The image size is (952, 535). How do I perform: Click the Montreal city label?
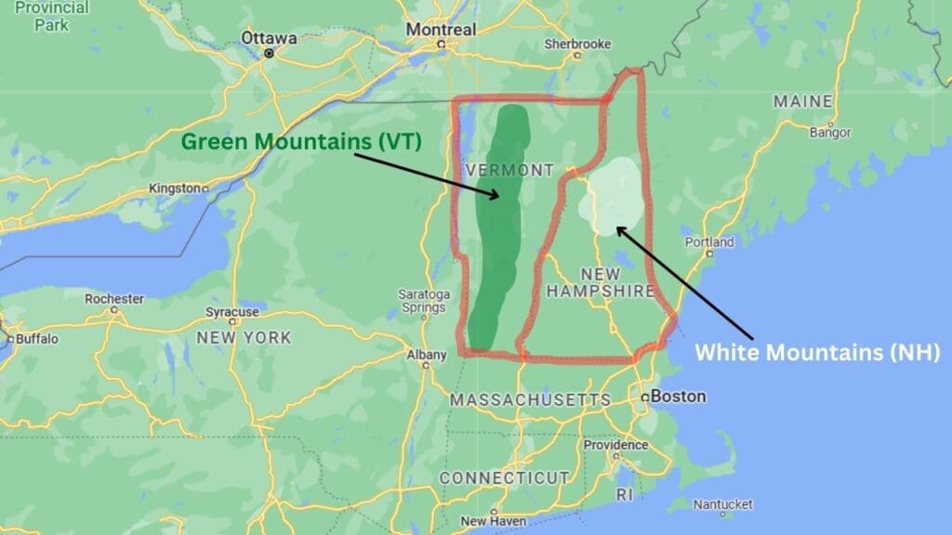pos(441,30)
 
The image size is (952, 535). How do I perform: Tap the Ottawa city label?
pos(269,38)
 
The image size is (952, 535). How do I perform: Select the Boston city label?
pos(678,396)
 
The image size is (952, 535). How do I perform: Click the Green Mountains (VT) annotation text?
pos(301,142)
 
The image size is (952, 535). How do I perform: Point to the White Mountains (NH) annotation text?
pos(818,352)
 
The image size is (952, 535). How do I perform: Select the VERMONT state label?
pos(509,170)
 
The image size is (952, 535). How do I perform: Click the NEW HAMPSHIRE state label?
pos(600,282)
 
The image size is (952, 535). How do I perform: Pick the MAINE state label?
pos(803,100)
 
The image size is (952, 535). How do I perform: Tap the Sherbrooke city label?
pos(577,44)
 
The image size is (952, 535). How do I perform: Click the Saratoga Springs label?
pos(424,301)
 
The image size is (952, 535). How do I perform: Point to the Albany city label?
pos(427,354)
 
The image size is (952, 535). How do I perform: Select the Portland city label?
pos(709,242)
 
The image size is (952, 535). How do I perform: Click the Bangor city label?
pos(830,133)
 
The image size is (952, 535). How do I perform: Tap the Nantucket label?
pos(722,503)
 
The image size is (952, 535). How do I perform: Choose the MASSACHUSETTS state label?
pos(530,399)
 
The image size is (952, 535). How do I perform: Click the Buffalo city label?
pos(36,339)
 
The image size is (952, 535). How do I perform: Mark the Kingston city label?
pos(175,189)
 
